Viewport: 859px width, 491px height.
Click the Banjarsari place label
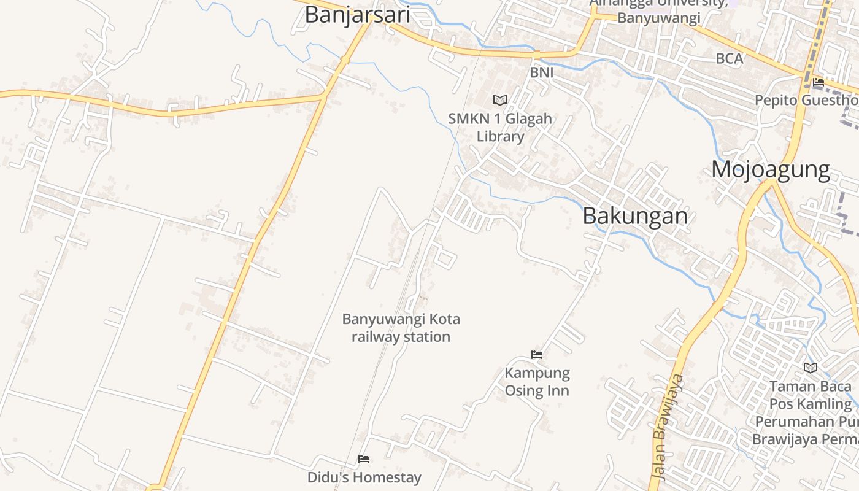(357, 15)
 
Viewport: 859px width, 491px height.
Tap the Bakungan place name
(635, 215)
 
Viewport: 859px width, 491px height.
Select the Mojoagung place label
(771, 169)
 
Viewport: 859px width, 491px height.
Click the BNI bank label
(542, 73)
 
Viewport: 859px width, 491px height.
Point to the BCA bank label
(730, 59)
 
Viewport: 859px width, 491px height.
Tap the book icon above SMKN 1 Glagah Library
(500, 100)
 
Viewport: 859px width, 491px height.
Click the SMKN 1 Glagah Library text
(500, 127)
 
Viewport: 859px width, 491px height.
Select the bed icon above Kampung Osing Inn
(537, 355)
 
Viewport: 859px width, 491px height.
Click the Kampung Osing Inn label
(537, 382)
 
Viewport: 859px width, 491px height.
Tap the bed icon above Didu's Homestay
(364, 459)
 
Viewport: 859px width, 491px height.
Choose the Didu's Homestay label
(364, 477)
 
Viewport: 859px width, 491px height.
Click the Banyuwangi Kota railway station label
(401, 328)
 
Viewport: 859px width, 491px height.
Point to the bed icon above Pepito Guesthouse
(818, 82)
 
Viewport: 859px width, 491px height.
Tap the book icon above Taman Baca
(811, 368)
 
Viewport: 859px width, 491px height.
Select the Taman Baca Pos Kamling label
(811, 395)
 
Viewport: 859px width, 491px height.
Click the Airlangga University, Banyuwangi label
(658, 11)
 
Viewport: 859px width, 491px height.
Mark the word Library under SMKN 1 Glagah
(500, 136)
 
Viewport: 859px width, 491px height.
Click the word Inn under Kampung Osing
(558, 391)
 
